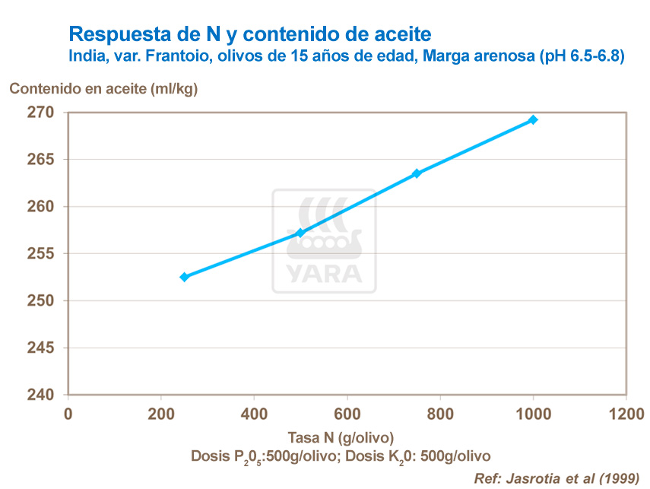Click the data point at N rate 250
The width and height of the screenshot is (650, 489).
[184, 277]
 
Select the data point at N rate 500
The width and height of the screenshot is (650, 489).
[300, 233]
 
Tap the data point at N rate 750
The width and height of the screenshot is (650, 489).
[417, 173]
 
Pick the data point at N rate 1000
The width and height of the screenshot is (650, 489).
[533, 119]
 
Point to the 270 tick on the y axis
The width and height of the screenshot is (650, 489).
[43, 113]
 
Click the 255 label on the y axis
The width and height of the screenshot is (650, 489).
[43, 254]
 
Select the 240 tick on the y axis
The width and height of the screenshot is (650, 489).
[43, 395]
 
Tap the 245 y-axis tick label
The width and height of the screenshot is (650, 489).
[43, 348]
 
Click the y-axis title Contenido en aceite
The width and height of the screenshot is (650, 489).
[103, 88]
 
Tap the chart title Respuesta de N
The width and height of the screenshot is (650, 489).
[250, 34]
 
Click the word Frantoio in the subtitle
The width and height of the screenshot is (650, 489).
[173, 56]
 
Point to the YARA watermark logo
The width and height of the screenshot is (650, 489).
[324, 241]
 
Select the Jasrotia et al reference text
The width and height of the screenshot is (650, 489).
[556, 479]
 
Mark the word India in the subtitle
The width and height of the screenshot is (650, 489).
[85, 56]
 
